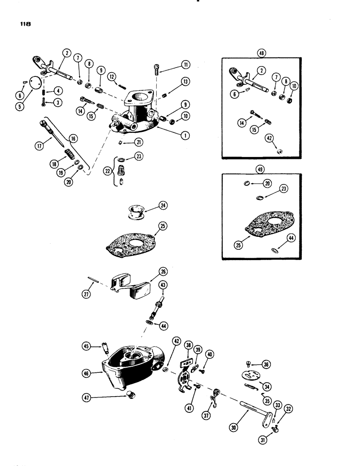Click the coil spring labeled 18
point(69,153)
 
